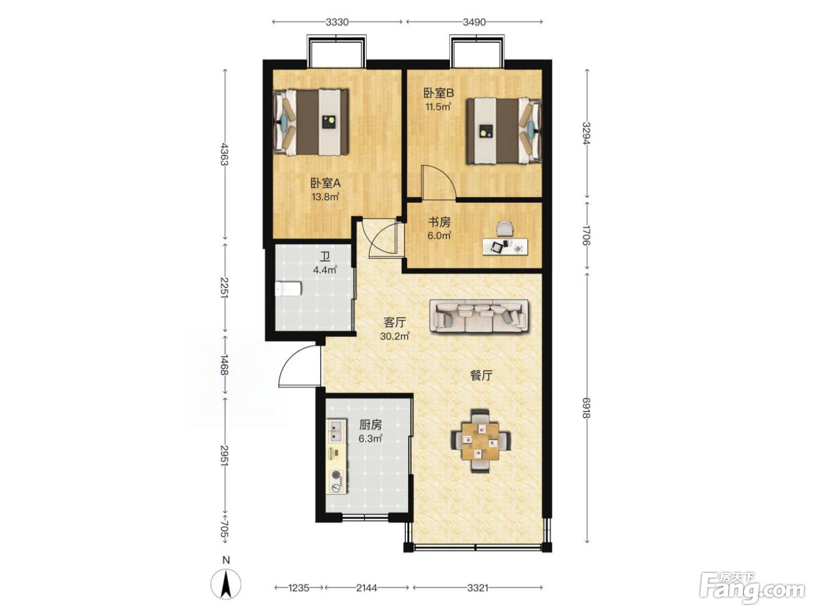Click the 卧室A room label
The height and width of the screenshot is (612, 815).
[325, 183]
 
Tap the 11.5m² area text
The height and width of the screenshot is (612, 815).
[438, 107]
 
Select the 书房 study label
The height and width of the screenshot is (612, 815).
[440, 222]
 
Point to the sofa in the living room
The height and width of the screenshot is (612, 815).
[479, 316]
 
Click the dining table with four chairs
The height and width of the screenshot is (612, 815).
[480, 440]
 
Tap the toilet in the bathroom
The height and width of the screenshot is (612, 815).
[288, 289]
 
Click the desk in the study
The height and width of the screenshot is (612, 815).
[505, 246]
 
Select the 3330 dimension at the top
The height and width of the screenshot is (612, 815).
[336, 22]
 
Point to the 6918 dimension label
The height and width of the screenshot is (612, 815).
[586, 407]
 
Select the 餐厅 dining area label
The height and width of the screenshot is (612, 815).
[481, 376]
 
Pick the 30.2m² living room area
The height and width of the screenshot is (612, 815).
[394, 336]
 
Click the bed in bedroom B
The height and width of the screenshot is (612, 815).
[504, 131]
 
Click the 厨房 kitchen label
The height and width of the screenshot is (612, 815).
[370, 424]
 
